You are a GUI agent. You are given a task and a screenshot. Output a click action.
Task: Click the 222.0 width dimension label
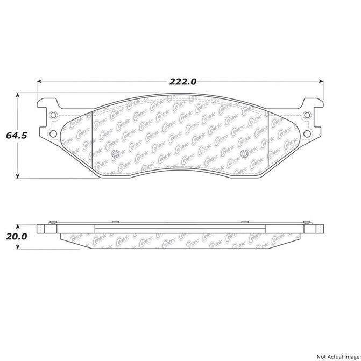click(x=183, y=82)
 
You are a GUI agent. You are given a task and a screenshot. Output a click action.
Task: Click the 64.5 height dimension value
click(x=16, y=136)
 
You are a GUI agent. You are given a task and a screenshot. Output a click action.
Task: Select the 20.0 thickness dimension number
click(x=16, y=236)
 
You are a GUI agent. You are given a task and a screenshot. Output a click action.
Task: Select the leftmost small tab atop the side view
click(x=52, y=221)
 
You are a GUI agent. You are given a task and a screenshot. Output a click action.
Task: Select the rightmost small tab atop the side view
click(x=308, y=221)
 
